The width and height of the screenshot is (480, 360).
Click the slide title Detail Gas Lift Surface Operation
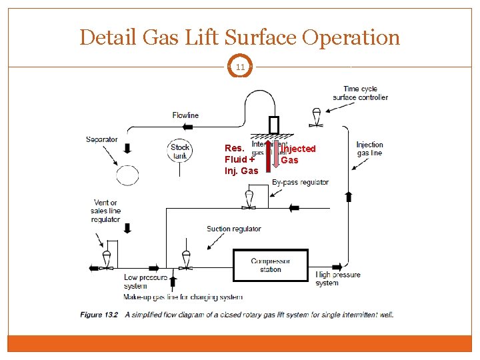tap(239, 37)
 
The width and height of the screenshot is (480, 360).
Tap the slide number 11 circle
tap(239, 67)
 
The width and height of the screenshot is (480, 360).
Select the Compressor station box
tap(270, 265)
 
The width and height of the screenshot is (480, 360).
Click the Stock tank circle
tap(180, 151)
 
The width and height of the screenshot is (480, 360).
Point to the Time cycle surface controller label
tap(365, 93)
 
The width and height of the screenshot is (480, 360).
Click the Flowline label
tap(185, 115)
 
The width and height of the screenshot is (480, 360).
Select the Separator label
tap(101, 139)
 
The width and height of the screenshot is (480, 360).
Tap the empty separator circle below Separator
tap(128, 175)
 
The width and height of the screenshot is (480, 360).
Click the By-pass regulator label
tap(301, 182)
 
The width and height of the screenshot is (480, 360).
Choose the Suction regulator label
tap(233, 229)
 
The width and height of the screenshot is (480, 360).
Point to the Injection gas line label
tap(369, 149)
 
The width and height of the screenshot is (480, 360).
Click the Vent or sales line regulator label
tap(106, 211)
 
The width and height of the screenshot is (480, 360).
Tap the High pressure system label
tap(338, 279)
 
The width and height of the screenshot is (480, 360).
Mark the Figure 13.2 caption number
tap(99, 314)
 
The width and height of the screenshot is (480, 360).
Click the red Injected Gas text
tap(297, 154)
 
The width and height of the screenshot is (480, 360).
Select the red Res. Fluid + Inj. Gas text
tap(241, 159)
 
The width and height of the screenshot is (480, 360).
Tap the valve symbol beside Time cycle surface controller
tap(317, 117)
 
